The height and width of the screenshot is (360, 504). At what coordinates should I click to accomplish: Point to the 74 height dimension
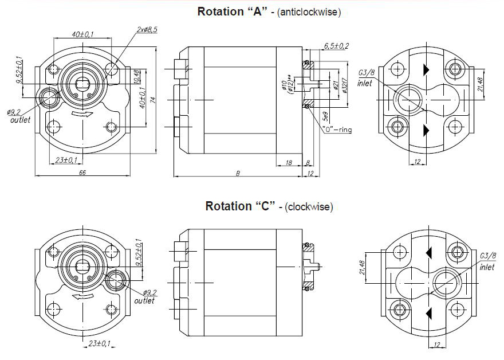point(153,100)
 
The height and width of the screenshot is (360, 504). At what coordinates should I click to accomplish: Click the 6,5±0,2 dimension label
point(336,45)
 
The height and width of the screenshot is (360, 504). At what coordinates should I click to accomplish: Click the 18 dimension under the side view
point(289,163)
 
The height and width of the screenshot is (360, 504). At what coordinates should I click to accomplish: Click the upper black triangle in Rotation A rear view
point(426,69)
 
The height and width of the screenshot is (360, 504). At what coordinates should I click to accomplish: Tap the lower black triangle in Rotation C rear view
point(427,312)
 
